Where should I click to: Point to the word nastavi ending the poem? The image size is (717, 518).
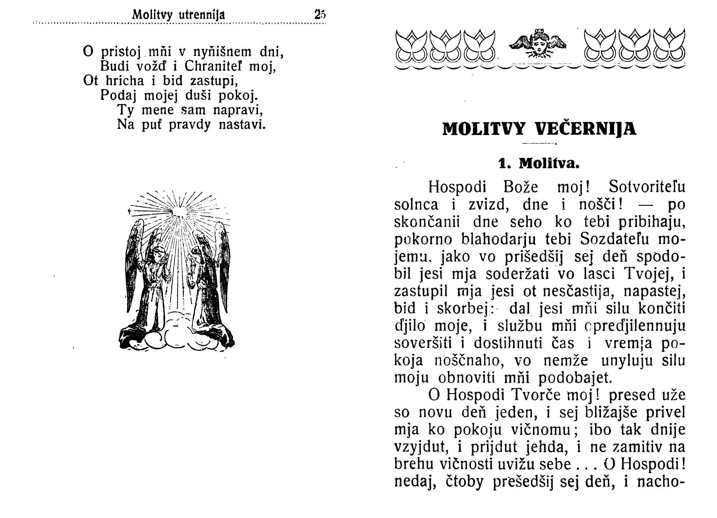(x=242, y=124)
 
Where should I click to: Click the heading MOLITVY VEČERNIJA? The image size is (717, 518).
(x=539, y=129)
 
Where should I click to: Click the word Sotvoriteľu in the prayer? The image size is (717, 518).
(x=647, y=187)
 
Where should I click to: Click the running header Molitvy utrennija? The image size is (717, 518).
(x=179, y=15)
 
